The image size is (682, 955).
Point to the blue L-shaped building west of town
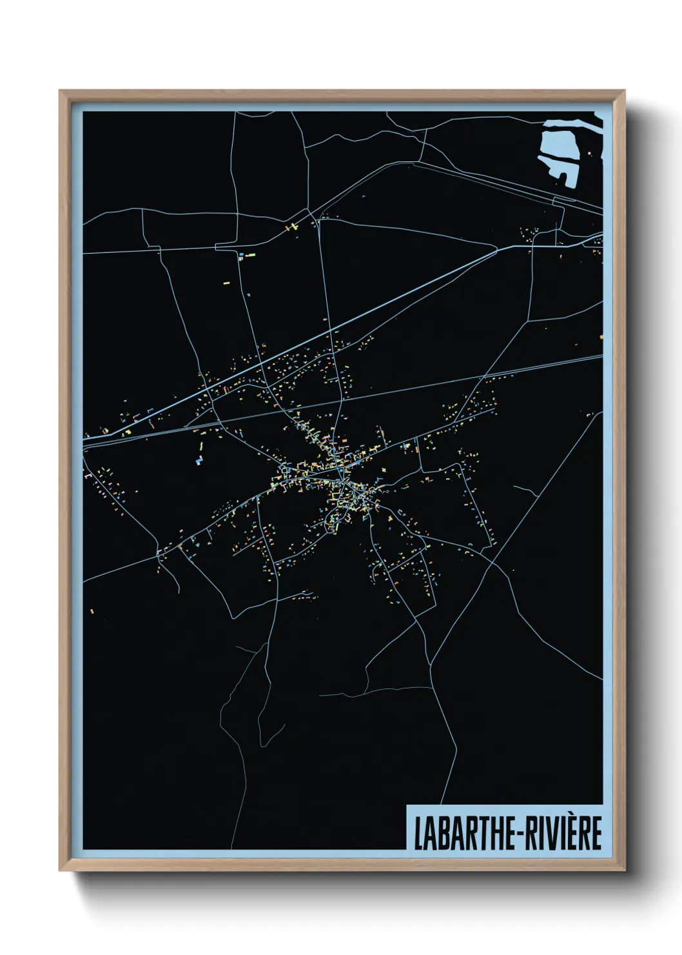(x=199, y=461)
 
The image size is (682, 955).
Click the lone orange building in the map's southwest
(x=91, y=609)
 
